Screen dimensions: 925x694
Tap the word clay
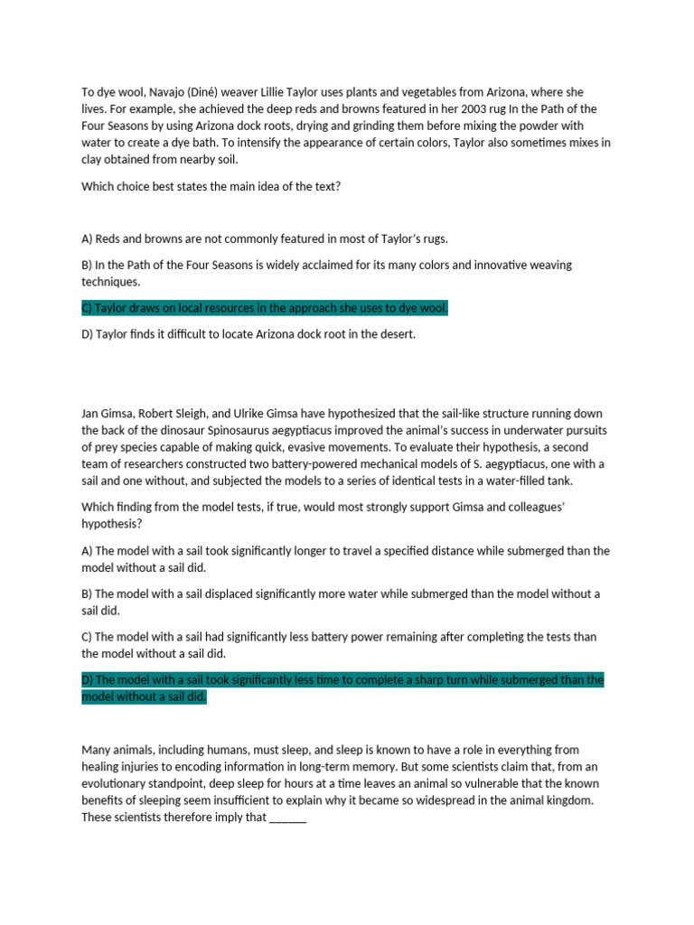click(94, 160)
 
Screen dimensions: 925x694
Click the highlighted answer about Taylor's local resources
click(265, 308)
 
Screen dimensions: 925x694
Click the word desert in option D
click(396, 334)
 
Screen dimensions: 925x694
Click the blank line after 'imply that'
click(288, 818)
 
